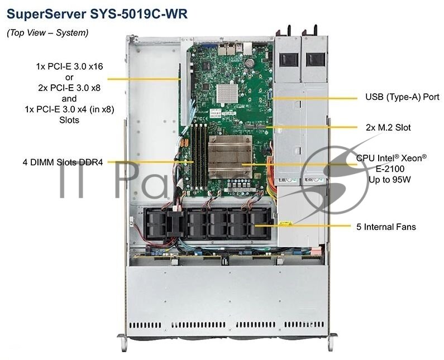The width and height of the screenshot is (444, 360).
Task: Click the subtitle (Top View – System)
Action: [47, 33]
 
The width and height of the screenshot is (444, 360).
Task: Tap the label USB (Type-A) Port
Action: [402, 97]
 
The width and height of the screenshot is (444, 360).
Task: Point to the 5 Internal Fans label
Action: [386, 227]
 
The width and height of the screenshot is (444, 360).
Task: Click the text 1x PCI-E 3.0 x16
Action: [69, 66]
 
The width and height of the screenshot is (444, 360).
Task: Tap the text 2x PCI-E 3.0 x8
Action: [69, 88]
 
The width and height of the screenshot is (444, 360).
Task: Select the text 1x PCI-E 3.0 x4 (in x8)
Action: [69, 109]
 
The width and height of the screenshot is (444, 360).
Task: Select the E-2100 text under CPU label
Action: [391, 169]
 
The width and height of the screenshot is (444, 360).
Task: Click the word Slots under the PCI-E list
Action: [69, 120]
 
